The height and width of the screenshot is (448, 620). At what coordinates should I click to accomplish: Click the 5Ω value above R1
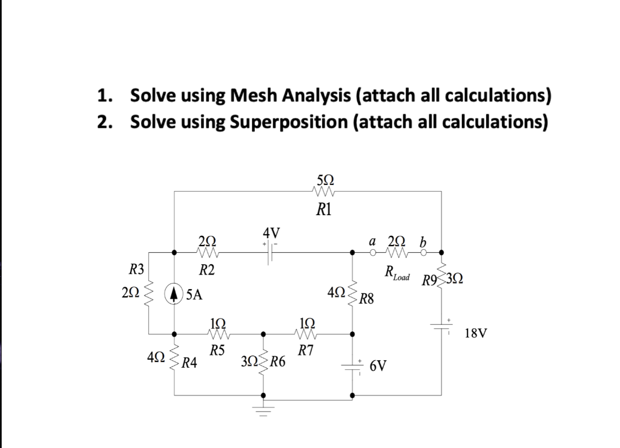[325, 179]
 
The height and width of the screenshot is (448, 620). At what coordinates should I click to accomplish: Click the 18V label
[476, 333]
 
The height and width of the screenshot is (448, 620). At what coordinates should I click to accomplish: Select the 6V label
[379, 365]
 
